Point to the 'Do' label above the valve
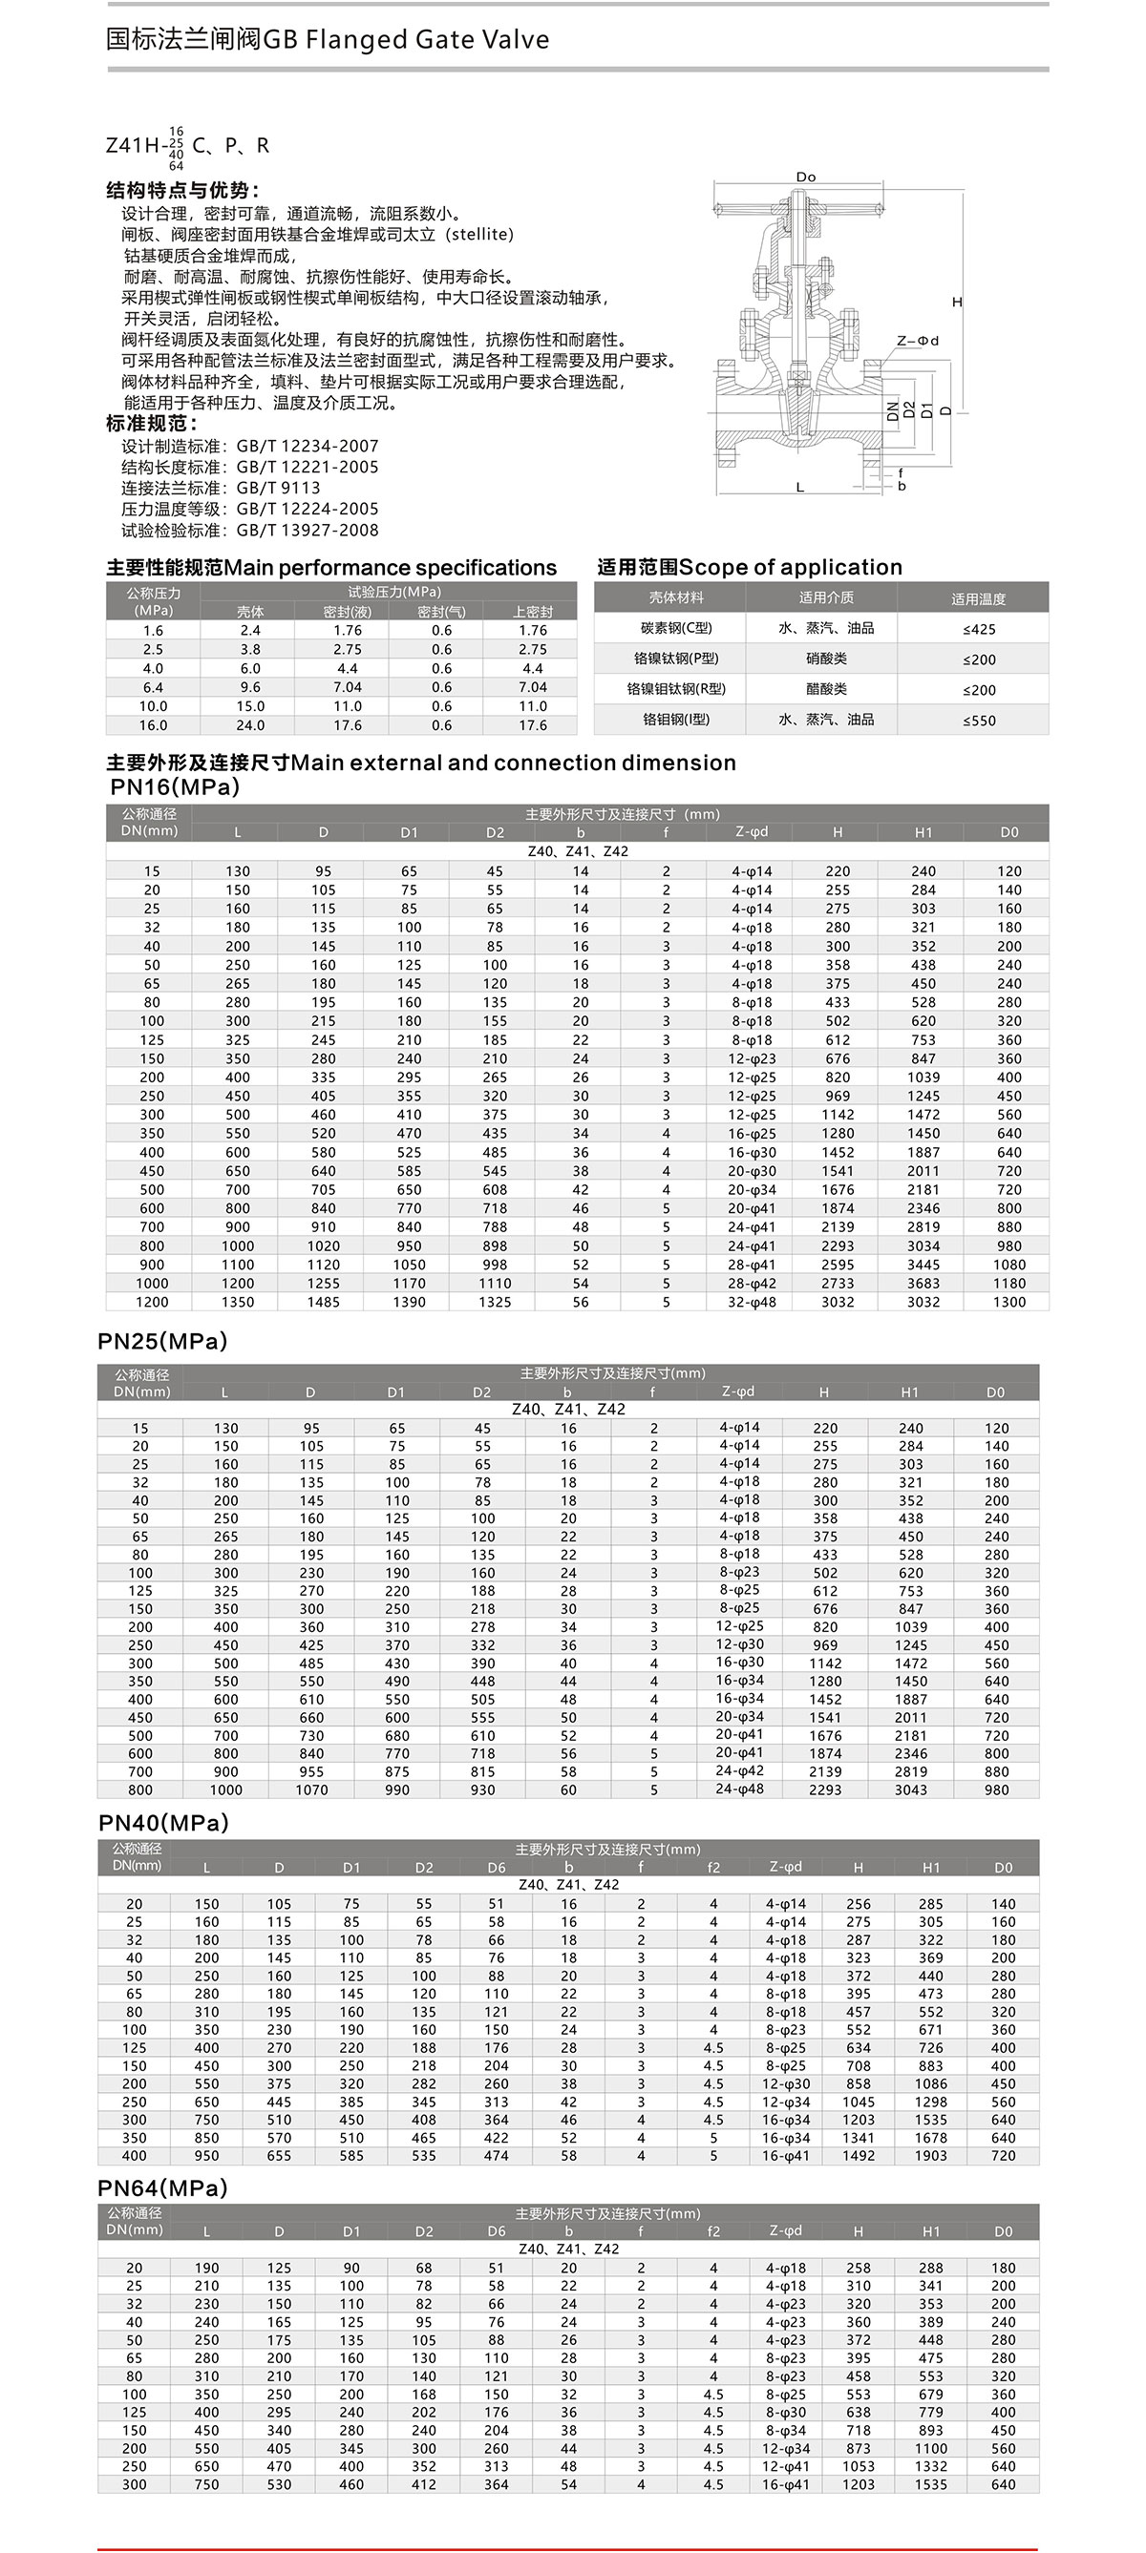pos(806,178)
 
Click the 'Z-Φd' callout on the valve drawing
pos(918,341)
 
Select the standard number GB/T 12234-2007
pos(308,446)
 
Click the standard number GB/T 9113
pos(278,488)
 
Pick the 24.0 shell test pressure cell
pos(250,725)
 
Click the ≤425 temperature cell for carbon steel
pos(979,629)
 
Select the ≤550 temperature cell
pos(979,721)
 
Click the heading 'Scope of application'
pos(790,567)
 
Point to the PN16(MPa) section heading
pos(175,787)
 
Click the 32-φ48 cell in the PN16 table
pos(752,1302)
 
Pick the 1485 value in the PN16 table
pos(323,1302)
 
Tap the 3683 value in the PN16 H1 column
pos(923,1284)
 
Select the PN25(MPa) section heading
pos(162,1341)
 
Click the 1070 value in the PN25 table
pos(311,1789)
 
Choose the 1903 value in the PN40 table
pos(931,2156)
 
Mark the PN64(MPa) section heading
pos(162,2188)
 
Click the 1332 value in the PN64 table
pos(931,2467)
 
